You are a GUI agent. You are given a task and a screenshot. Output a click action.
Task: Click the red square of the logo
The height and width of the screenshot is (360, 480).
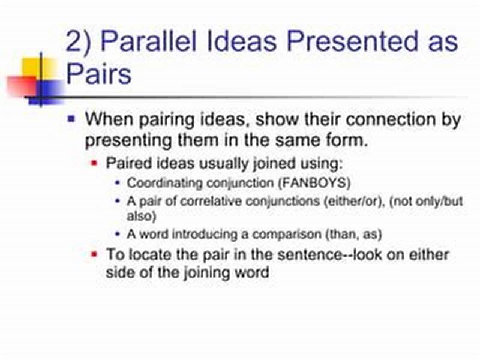[22, 86]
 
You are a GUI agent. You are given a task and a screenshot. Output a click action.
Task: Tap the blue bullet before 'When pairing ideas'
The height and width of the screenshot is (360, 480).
[71, 119]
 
